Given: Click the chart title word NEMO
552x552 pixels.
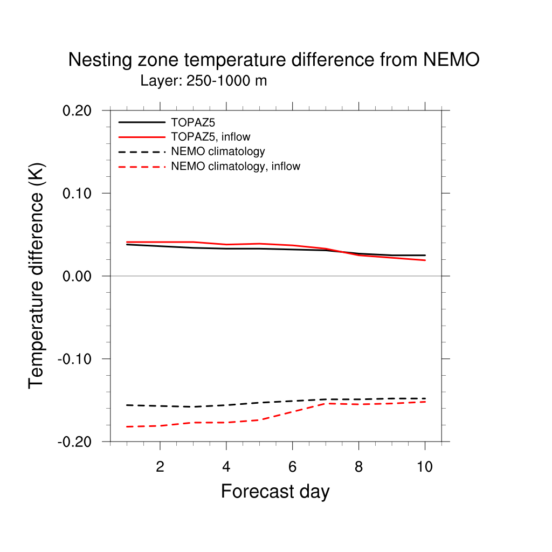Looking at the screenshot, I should click(x=451, y=60).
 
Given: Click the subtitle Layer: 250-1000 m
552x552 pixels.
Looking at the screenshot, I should click(x=204, y=81).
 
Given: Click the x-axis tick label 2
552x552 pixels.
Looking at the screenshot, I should click(x=160, y=467).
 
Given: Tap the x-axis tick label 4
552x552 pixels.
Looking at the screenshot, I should click(x=226, y=467).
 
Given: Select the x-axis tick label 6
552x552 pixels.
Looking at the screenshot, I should click(x=292, y=467).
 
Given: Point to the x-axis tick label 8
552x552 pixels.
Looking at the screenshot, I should click(x=358, y=467).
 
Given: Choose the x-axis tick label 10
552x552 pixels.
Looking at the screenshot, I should click(x=425, y=467).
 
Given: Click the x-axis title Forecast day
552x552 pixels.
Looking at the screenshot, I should click(x=275, y=492).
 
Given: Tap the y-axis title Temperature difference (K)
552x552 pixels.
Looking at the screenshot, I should click(x=37, y=276).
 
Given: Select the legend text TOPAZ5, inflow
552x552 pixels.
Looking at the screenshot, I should click(x=210, y=136).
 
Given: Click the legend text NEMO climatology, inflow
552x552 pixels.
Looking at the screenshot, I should click(x=235, y=167).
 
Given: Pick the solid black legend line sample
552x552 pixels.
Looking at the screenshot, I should click(x=141, y=122).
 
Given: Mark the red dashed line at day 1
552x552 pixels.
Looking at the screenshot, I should click(x=127, y=426).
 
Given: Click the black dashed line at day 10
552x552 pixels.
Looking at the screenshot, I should click(x=425, y=398).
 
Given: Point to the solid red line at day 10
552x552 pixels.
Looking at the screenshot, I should click(x=425, y=260).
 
